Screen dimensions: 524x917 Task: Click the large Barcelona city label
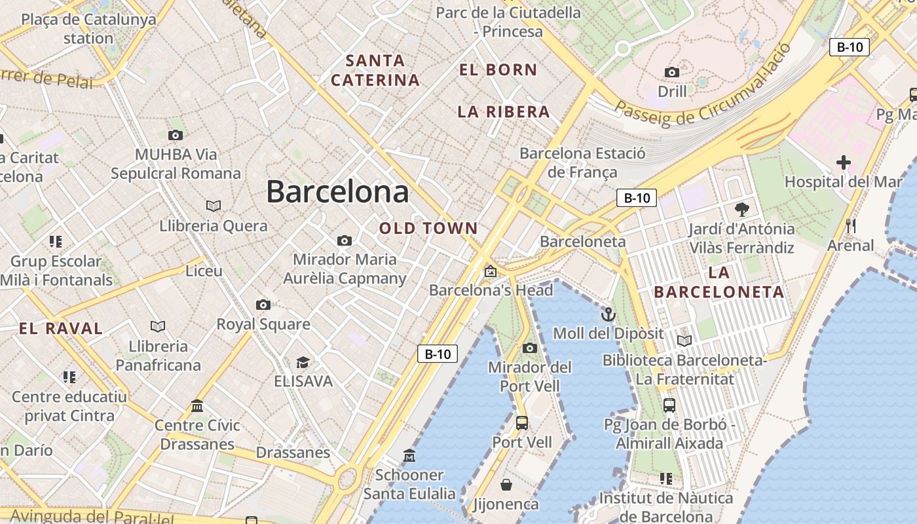337,192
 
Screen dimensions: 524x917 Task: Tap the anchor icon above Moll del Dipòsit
608,314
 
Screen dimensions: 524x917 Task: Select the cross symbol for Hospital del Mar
844,162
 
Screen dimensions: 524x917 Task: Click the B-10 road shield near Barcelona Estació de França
636,198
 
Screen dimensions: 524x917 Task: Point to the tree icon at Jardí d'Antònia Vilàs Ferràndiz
741,210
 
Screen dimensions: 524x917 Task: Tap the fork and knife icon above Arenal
851,226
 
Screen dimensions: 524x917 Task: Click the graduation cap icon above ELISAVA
303,362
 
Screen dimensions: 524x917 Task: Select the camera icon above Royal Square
263,305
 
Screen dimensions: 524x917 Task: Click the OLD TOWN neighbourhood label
428,229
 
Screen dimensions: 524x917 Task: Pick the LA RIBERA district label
504,112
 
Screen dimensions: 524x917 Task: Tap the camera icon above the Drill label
672,72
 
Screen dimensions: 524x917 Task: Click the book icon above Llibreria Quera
214,206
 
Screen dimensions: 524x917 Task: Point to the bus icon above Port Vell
521,423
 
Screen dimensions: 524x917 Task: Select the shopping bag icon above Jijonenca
506,485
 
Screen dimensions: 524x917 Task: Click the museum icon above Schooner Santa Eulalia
409,455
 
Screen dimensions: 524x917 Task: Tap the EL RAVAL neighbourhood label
61,329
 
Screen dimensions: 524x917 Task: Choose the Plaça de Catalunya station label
88,28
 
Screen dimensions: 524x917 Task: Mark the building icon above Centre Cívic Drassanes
197,406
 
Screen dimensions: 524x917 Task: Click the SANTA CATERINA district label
375,70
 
